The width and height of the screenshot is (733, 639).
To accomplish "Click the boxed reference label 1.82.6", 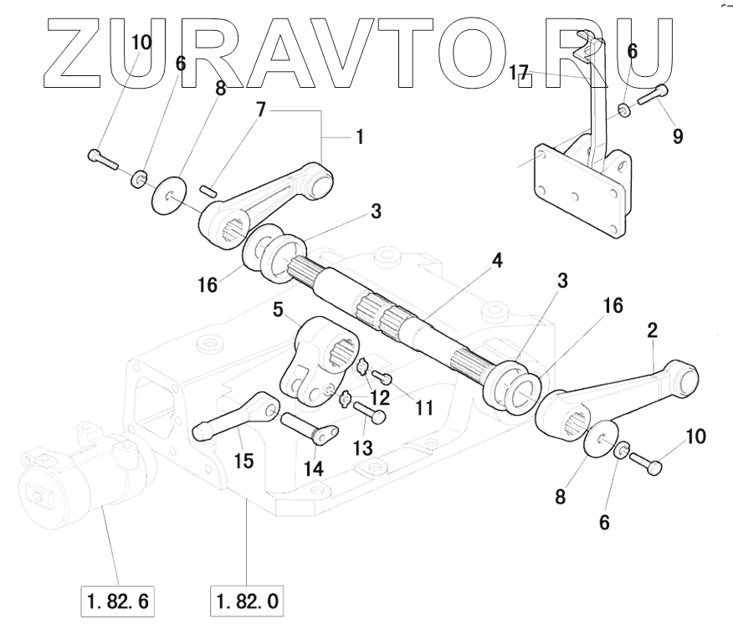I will [118, 601].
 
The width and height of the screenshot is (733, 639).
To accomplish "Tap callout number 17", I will [519, 73].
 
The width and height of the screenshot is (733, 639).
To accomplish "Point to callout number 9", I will [677, 135].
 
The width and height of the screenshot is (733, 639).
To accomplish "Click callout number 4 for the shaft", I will [497, 260].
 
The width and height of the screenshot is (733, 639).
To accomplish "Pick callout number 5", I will [279, 310].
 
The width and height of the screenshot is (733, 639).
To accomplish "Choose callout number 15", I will [245, 460].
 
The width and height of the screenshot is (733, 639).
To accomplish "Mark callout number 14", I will [313, 468].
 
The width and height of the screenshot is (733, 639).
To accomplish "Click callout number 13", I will [362, 448].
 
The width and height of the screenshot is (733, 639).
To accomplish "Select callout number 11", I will [424, 409].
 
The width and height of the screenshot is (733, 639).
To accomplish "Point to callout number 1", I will [360, 136].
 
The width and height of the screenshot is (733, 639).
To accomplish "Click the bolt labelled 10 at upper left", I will [103, 158].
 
